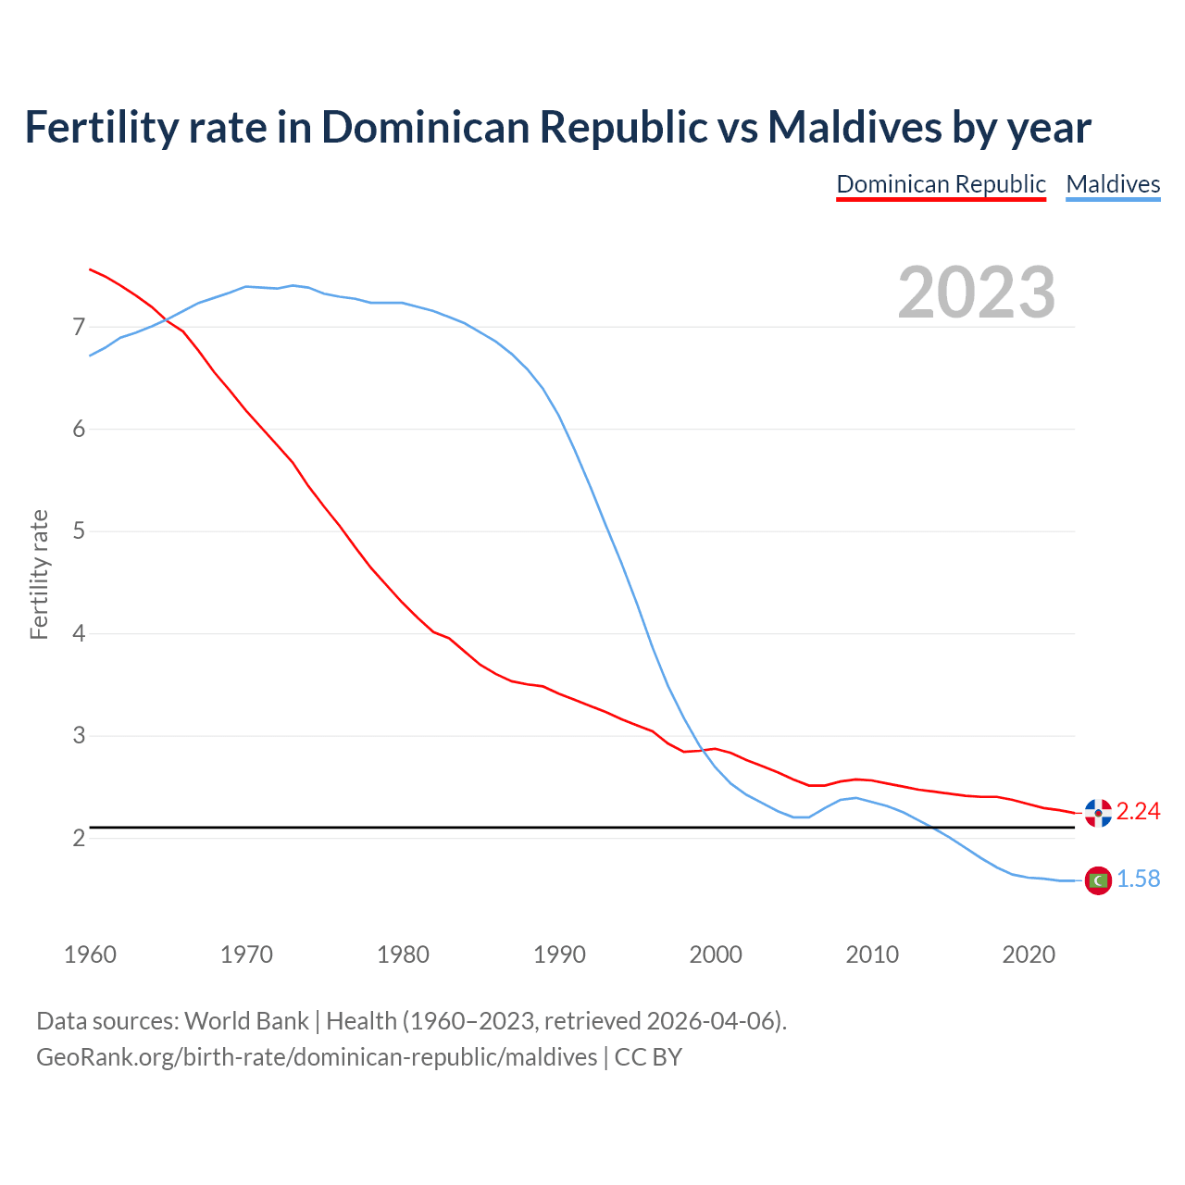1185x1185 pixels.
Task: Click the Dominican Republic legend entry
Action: (941, 184)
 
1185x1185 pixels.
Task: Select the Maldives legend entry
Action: (1113, 184)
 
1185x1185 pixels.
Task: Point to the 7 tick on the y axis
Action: (79, 327)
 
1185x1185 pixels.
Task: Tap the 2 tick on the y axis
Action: (79, 838)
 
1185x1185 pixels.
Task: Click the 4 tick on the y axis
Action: (79, 633)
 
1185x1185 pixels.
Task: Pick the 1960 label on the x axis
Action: (90, 954)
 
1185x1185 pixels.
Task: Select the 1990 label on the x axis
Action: (559, 954)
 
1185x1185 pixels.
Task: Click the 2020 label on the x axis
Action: (1029, 954)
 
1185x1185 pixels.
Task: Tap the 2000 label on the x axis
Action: (716, 954)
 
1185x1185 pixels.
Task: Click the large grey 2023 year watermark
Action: (977, 293)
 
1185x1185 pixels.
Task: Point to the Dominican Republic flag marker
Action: (1098, 812)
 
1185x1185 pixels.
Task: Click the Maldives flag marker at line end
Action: (1098, 879)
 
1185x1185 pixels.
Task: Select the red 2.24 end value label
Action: (1138, 812)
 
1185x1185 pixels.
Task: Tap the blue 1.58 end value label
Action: (1138, 879)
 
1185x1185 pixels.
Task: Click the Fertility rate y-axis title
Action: (39, 574)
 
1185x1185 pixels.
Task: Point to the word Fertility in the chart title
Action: (100, 127)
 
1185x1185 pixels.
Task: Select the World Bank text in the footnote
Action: (246, 1021)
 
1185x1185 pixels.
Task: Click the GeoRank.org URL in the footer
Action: (317, 1057)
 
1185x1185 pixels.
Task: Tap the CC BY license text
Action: (648, 1057)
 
